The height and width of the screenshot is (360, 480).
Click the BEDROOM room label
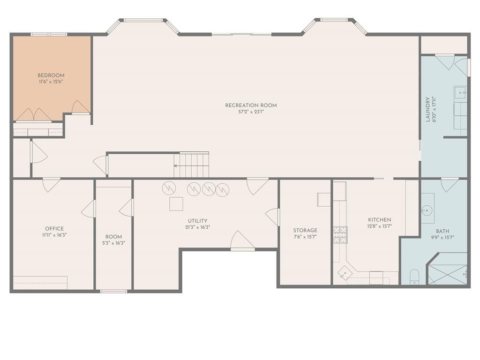click(51, 75)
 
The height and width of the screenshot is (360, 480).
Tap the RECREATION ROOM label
click(251, 105)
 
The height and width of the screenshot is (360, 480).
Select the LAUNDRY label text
click(427, 110)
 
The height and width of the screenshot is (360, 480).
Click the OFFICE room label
click(54, 229)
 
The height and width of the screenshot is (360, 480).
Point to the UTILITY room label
click(197, 221)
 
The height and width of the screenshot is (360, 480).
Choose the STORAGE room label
click(305, 230)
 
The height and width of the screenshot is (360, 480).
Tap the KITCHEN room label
click(380, 220)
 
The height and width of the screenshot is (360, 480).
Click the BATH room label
click(442, 231)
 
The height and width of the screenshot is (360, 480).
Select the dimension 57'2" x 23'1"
click(251, 112)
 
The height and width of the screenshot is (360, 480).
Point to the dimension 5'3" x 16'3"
click(113, 243)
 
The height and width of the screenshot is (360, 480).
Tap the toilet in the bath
click(414, 277)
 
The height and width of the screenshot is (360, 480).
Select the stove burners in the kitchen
click(340, 234)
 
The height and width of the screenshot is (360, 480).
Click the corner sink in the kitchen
click(345, 273)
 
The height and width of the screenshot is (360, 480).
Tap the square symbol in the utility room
click(176, 204)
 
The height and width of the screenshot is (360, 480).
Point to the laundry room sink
click(460, 92)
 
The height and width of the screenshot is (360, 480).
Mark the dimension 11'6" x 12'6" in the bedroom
click(51, 82)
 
